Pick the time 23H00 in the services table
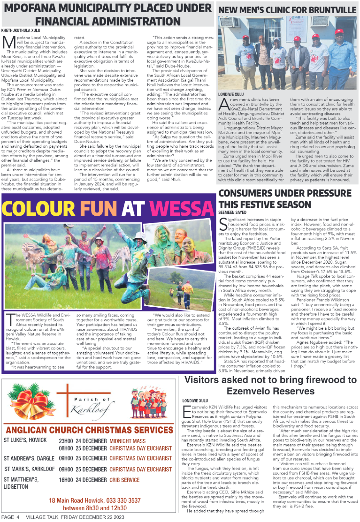tap(66, 441)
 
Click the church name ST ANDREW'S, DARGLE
tap(29, 458)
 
